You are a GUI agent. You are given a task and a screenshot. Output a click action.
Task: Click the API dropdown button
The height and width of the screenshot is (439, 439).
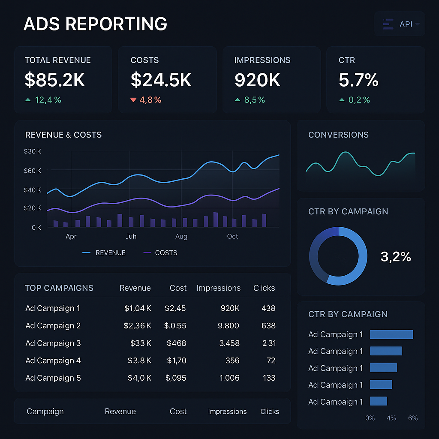pyautogui.click(x=400, y=24)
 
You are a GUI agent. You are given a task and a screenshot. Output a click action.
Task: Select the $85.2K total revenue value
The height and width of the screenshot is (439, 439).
pyautogui.click(x=55, y=80)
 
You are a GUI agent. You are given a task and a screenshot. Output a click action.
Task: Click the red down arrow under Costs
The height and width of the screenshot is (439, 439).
pyautogui.click(x=133, y=100)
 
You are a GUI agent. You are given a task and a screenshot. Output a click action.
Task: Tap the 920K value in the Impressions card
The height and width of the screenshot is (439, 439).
pyautogui.click(x=257, y=80)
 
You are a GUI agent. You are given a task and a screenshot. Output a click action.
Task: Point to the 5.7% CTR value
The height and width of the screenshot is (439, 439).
pyautogui.click(x=358, y=80)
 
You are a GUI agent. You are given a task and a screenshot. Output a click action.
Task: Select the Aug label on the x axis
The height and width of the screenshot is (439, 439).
pyautogui.click(x=181, y=236)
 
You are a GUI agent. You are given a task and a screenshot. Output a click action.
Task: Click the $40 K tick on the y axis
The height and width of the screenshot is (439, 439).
pyautogui.click(x=33, y=190)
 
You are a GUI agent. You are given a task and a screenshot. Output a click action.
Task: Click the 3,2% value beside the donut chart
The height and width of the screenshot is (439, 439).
pyautogui.click(x=396, y=257)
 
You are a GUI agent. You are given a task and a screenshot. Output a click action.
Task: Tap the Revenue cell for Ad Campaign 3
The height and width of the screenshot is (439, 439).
pyautogui.click(x=141, y=343)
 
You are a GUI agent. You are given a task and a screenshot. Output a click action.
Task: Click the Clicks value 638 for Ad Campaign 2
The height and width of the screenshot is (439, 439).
pyautogui.click(x=268, y=325)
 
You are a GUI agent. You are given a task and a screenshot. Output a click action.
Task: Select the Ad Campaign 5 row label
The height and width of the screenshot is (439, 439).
pyautogui.click(x=53, y=378)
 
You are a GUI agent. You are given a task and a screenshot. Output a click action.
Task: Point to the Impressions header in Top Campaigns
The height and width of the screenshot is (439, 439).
pyautogui.click(x=219, y=288)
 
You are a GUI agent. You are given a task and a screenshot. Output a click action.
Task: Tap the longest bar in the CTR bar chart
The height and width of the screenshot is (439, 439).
pyautogui.click(x=391, y=334)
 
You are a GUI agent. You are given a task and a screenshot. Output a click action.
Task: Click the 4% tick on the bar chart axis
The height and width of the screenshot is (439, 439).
pyautogui.click(x=391, y=418)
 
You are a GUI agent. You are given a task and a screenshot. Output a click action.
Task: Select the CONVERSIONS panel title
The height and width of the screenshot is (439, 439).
pyautogui.click(x=338, y=135)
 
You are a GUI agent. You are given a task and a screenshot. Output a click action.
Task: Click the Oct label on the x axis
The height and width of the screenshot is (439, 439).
pyautogui.click(x=232, y=236)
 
